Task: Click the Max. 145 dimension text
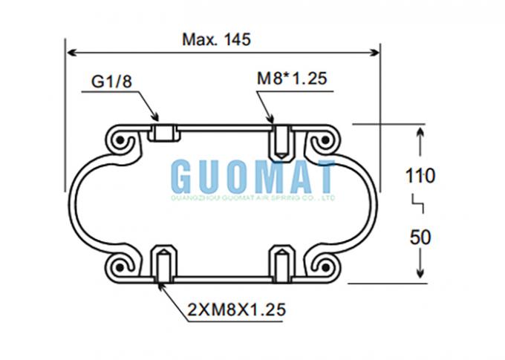coord(216,39)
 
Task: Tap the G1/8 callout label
coord(111,81)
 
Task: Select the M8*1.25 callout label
coord(292,78)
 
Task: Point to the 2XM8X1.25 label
coord(236,310)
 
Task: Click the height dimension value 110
coord(420,176)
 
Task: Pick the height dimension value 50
coord(420,238)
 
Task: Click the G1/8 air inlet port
coord(164,133)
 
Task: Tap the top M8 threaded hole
coord(282,142)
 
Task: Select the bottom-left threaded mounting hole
coord(164,264)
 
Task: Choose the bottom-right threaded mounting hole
coord(282,264)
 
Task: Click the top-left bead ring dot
coord(120,140)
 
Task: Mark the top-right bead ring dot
coord(325,140)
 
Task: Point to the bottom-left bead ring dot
coord(120,267)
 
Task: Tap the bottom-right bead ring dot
coord(325,267)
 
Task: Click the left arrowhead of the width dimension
coord(71,53)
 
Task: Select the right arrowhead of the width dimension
coord(375,53)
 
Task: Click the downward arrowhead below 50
coord(420,272)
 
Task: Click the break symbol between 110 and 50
coord(418,203)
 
